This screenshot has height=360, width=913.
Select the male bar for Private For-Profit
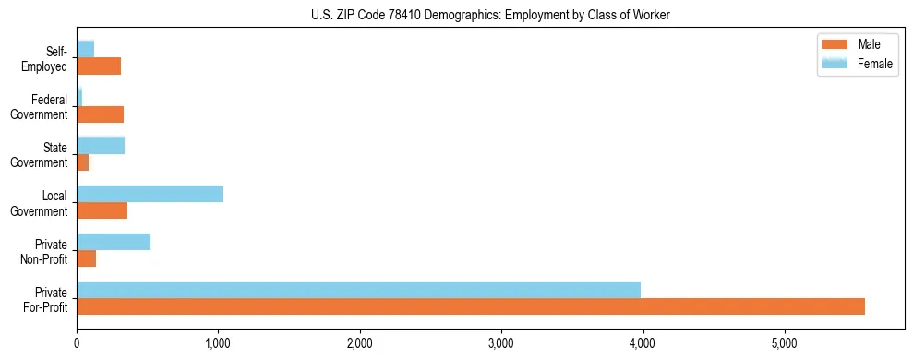(471, 306)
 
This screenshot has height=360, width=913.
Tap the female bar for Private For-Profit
(358, 289)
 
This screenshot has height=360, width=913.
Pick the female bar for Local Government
(150, 193)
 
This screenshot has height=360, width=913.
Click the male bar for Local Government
(102, 210)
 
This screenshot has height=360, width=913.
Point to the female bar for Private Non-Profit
(114, 241)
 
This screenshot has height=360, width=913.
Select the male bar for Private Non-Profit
(86, 258)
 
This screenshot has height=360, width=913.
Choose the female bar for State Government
(101, 145)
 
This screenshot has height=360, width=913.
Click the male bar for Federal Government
(100, 114)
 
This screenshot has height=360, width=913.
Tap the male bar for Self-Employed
(99, 66)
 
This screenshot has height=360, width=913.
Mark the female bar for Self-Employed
(85, 49)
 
